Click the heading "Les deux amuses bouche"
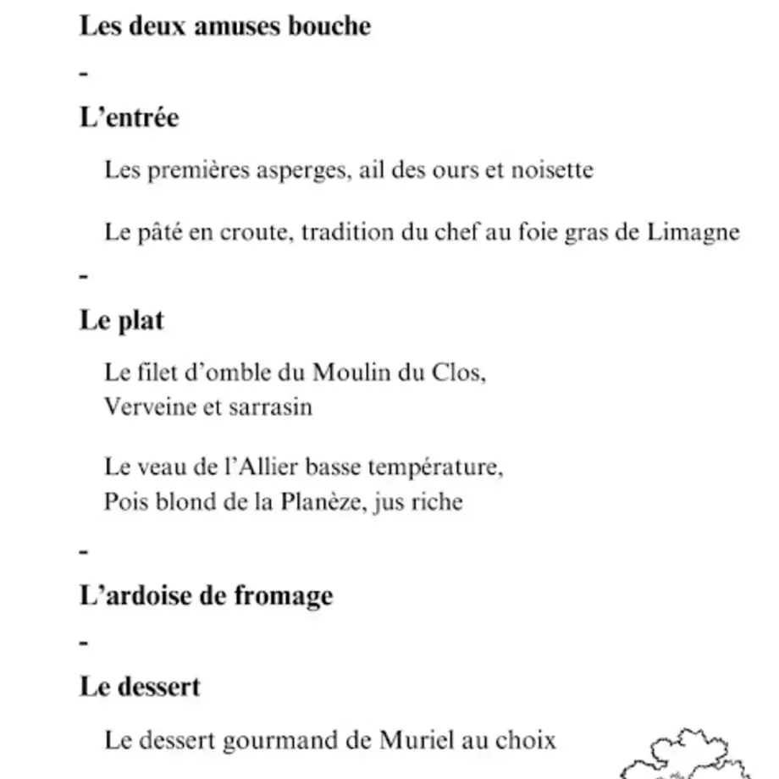pyautogui.click(x=224, y=26)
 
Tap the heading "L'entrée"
pyautogui.click(x=129, y=118)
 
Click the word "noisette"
pyautogui.click(x=552, y=170)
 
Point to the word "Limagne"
pyautogui.click(x=693, y=232)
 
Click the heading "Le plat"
pyautogui.click(x=121, y=321)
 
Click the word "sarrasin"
pyautogui.click(x=270, y=407)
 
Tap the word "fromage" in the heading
pyautogui.click(x=283, y=596)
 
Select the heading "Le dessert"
pyautogui.click(x=140, y=686)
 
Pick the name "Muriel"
pyautogui.click(x=412, y=741)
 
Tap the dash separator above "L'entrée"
pyautogui.click(x=83, y=74)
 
